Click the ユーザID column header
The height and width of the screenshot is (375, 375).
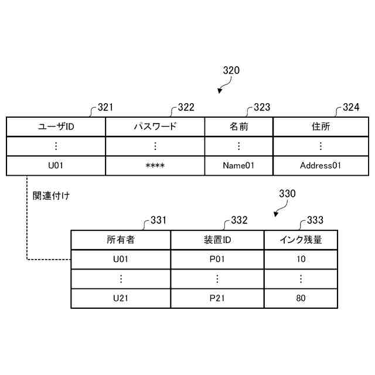[x=56, y=127]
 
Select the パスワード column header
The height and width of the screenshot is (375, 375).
[x=155, y=127]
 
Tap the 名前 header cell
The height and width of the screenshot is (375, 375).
[x=238, y=127]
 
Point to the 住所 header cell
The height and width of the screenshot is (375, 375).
[x=320, y=127]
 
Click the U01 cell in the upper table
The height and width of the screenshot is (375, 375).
[x=56, y=165]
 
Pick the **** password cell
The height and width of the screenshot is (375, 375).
[x=155, y=165]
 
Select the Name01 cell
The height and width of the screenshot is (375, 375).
[x=238, y=165]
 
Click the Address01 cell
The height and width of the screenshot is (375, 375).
[x=320, y=165]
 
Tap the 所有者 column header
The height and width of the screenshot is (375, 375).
[x=121, y=240]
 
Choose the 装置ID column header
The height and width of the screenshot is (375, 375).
[x=217, y=240]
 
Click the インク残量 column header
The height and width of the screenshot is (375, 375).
[x=301, y=240]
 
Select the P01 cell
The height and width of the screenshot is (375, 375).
[x=217, y=258]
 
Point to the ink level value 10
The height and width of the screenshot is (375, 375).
[x=301, y=258]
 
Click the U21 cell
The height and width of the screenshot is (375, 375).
[x=121, y=298]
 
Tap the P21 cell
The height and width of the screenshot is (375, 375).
[x=217, y=298]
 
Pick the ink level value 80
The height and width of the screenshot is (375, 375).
[x=301, y=298]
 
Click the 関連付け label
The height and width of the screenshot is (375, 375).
[x=51, y=196]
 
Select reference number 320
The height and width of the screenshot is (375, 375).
[x=231, y=71]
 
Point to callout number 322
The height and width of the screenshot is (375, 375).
[x=186, y=107]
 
